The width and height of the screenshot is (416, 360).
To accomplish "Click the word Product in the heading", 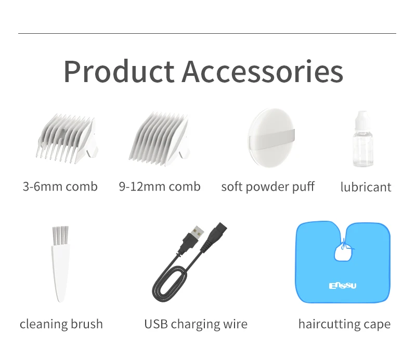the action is [x=119, y=72].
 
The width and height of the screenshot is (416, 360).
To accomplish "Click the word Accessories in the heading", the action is [x=263, y=72].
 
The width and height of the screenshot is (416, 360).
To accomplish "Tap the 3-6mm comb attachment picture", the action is [x=67, y=139].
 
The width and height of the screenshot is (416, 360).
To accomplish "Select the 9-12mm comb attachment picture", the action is [x=160, y=139].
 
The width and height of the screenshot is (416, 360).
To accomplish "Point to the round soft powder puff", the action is [x=271, y=138].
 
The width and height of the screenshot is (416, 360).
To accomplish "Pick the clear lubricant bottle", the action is [x=363, y=139].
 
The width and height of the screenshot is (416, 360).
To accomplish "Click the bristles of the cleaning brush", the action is [x=60, y=235].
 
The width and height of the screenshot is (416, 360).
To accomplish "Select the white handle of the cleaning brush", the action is [x=60, y=273].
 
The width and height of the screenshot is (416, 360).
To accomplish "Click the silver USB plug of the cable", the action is [x=198, y=232].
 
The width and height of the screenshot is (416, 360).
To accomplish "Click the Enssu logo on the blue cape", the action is [x=343, y=286].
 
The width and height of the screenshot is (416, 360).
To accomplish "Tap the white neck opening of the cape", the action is [x=343, y=252].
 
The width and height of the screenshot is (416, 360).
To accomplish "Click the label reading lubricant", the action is [x=366, y=187].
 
